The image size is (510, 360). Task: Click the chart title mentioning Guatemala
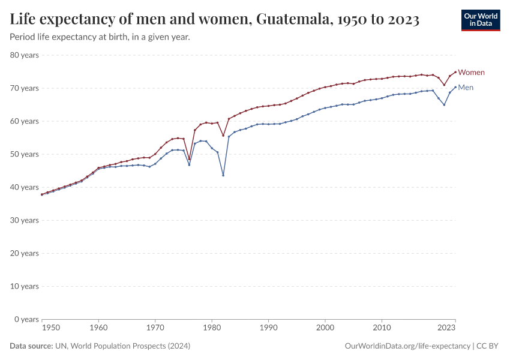tap(214, 19)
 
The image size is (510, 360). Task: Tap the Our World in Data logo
tap(480, 20)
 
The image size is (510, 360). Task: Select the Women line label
tap(471, 73)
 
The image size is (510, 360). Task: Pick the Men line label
tap(466, 88)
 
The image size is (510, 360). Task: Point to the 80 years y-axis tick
tap(25, 55)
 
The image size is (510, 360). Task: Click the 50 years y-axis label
tap(25, 154)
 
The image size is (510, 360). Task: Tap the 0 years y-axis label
tap(26, 319)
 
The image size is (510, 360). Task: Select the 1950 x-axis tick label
tap(51, 328)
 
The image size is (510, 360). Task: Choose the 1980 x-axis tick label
tap(212, 328)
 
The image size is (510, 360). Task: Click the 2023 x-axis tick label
tap(446, 328)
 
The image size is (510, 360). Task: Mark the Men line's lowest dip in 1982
tap(223, 175)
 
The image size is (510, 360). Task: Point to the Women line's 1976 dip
tap(189, 160)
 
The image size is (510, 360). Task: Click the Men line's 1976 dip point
tap(189, 164)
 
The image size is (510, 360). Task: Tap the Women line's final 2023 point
tap(455, 72)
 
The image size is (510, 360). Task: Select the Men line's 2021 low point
tap(444, 105)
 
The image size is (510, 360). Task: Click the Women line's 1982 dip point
tap(223, 135)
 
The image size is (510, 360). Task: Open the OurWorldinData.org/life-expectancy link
tap(407, 346)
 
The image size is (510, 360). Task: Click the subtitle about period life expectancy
tap(100, 37)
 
